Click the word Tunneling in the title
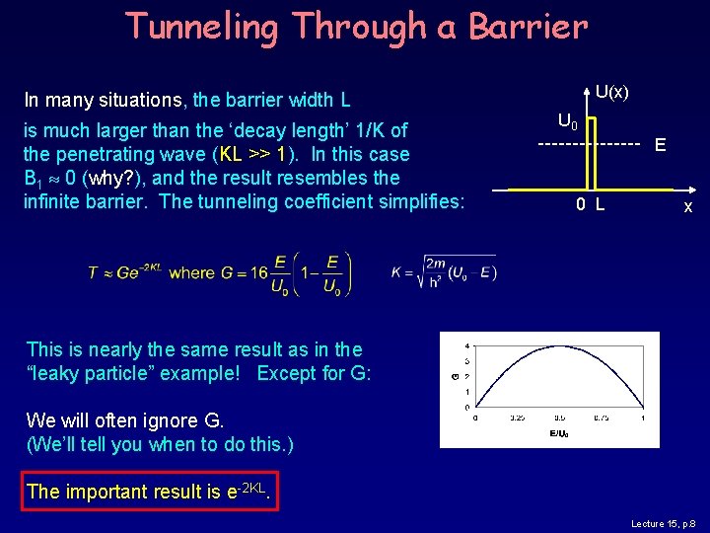(200, 27)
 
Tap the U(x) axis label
(611, 92)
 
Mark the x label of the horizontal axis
(688, 206)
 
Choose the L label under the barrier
(600, 205)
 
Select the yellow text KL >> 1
(253, 154)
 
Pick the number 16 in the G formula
(258, 273)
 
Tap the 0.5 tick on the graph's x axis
(559, 418)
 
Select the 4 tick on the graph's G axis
(466, 345)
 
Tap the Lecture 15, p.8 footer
(664, 524)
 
